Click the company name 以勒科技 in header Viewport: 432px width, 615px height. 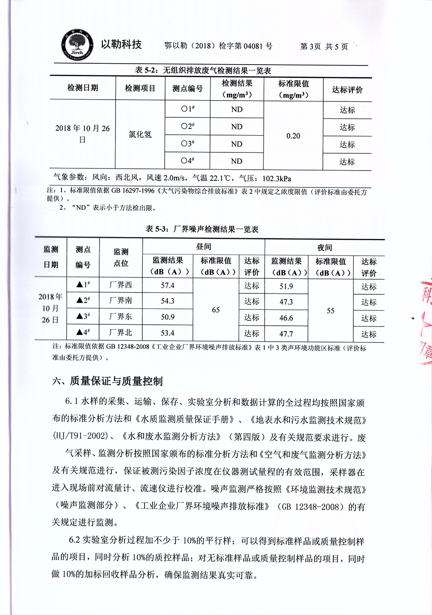pyautogui.click(x=121, y=44)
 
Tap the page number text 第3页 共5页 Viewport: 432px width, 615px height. pyautogui.click(x=324, y=46)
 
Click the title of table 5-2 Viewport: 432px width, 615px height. pyautogui.click(x=203, y=71)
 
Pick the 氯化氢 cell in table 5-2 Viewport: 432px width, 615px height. pyautogui.click(x=140, y=135)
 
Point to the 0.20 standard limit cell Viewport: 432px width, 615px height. pyautogui.click(x=293, y=136)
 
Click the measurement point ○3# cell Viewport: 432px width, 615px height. pyautogui.click(x=187, y=144)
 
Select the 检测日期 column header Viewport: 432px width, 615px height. pyautogui.click(x=82, y=88)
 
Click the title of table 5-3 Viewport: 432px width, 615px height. pyautogui.click(x=202, y=229)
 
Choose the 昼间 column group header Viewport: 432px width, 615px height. pyautogui.click(x=203, y=247)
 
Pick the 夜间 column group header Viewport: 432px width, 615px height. pyautogui.click(x=324, y=247)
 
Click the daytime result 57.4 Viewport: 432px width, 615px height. pyautogui.click(x=167, y=286)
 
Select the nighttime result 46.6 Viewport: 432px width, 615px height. pyautogui.click(x=286, y=318)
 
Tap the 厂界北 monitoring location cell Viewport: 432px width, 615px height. pyautogui.click(x=121, y=333)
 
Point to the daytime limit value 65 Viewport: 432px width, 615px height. pyautogui.click(x=216, y=310)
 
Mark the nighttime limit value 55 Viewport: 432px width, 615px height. pyautogui.click(x=331, y=311)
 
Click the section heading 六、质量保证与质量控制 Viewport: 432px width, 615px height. pyautogui.click(x=107, y=381)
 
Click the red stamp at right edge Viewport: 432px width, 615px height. pyautogui.click(x=426, y=318)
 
